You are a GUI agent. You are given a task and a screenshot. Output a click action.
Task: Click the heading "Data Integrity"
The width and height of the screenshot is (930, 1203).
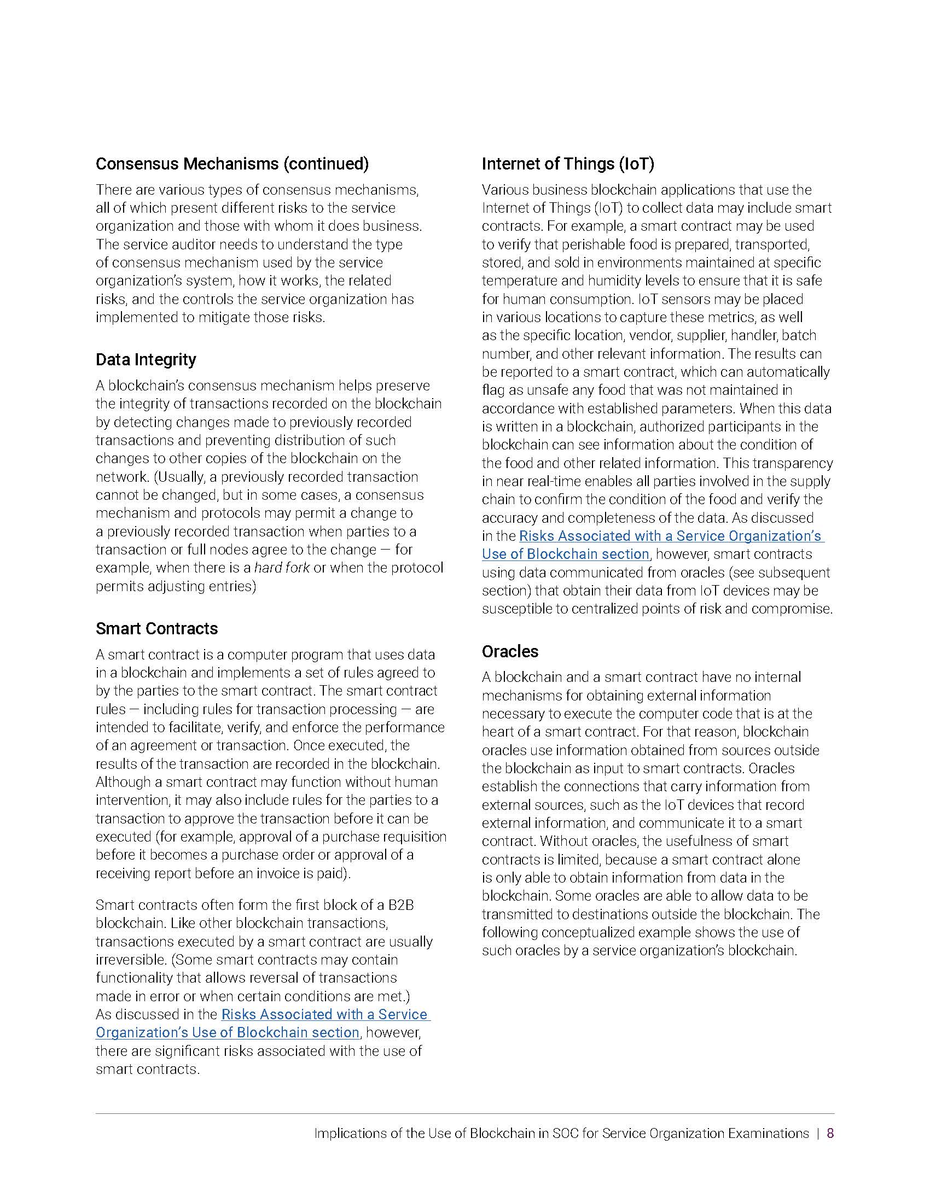(146, 360)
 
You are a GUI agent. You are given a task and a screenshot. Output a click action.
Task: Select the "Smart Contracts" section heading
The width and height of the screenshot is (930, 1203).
(156, 628)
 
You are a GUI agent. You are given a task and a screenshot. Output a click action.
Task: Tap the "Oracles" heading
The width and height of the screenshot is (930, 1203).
(510, 651)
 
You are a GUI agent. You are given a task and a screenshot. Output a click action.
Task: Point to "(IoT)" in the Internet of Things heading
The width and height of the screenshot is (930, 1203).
(636, 163)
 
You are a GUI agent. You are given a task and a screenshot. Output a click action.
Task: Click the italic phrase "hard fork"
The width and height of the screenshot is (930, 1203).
(282, 568)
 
